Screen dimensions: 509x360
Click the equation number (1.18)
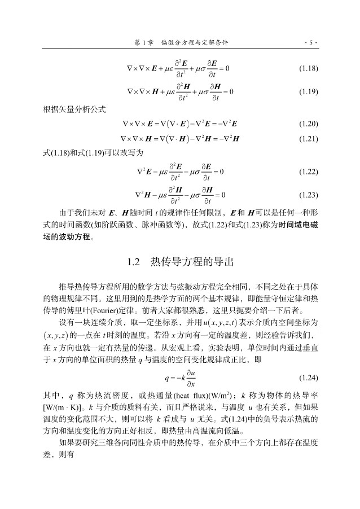click(x=308, y=69)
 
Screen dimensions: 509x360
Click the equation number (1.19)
click(x=308, y=92)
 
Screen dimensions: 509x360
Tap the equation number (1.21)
click(x=308, y=138)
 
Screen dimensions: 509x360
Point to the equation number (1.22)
click(x=308, y=171)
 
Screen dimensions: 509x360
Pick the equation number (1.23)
click(x=308, y=195)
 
